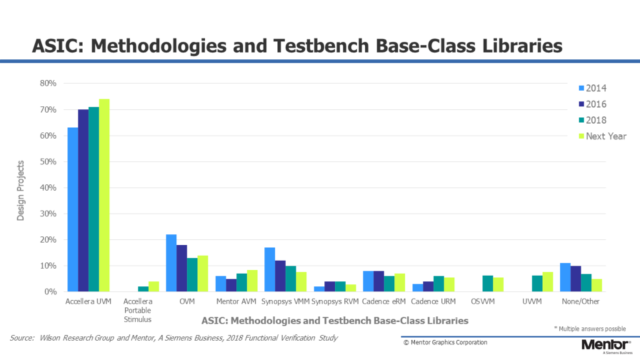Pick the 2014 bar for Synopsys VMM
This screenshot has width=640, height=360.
click(x=269, y=269)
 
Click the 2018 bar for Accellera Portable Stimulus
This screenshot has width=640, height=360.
click(x=144, y=289)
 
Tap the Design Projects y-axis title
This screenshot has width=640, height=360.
click(x=20, y=187)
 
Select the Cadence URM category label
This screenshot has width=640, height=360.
click(x=433, y=302)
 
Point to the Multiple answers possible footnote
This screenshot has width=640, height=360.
click(x=590, y=329)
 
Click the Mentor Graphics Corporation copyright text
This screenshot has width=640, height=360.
click(x=445, y=342)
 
